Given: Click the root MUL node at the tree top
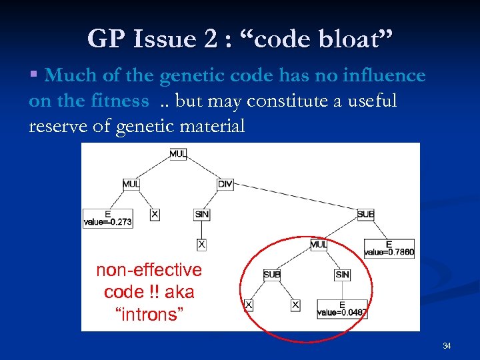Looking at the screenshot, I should (x=178, y=154).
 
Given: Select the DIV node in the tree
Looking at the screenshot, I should (x=225, y=184).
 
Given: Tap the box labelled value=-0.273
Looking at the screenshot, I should (x=107, y=218).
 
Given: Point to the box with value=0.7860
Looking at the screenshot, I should (x=389, y=249).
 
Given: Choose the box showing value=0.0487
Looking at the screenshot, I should (x=342, y=308).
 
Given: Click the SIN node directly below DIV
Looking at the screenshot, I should (x=202, y=214).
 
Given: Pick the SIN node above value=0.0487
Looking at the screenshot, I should (x=342, y=275).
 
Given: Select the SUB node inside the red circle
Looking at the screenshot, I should (x=271, y=275).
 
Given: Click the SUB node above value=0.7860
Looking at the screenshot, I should (x=365, y=214).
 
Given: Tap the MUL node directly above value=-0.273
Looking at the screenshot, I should (x=131, y=184).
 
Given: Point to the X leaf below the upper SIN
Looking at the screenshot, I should (x=201, y=245).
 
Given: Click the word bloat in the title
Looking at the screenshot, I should (x=347, y=40).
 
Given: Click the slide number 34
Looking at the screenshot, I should (x=447, y=345).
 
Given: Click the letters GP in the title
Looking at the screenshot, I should (x=105, y=40).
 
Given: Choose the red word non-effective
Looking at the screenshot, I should (x=149, y=270).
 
